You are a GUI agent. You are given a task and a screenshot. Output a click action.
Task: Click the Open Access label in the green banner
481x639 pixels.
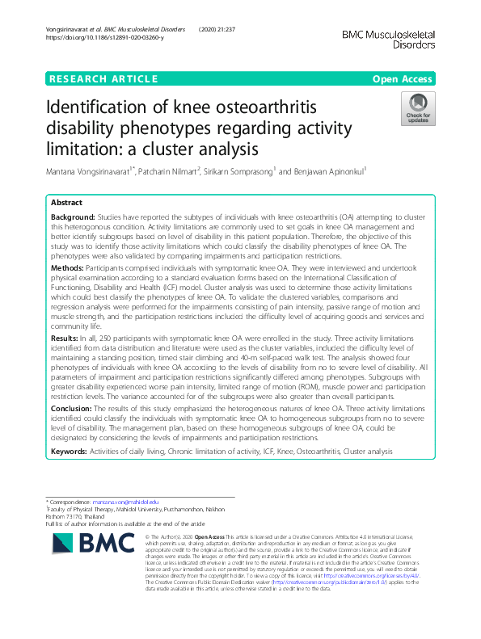pyautogui.click(x=401, y=78)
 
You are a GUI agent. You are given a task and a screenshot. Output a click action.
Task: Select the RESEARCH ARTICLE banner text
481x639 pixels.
pyautogui.click(x=103, y=78)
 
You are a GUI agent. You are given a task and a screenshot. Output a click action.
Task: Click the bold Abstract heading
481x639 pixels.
pyautogui.click(x=67, y=203)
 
